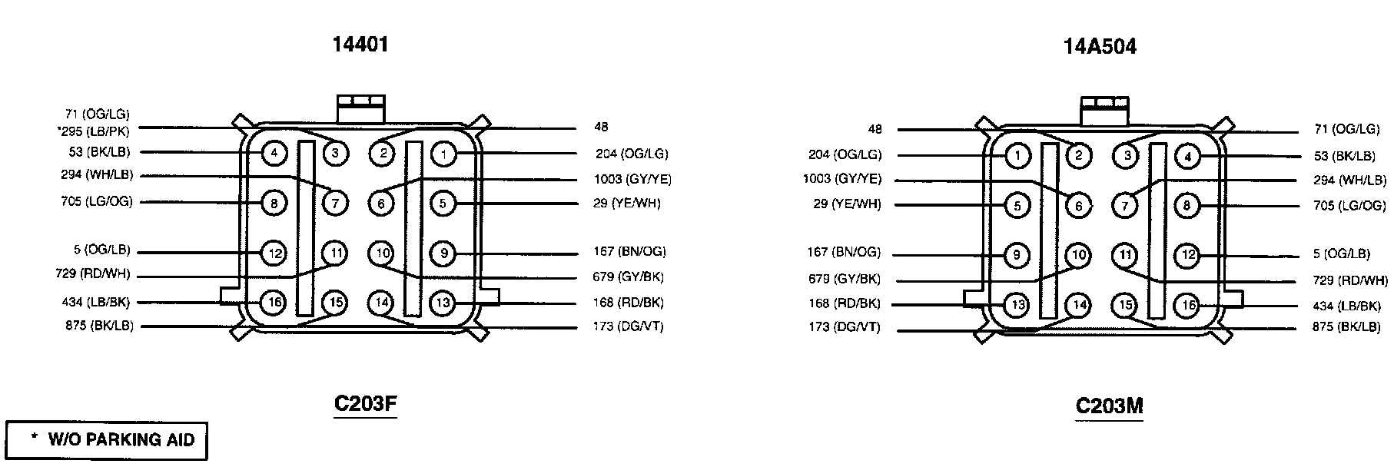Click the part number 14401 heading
pyautogui.click(x=360, y=45)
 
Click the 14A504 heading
pyautogui.click(x=1100, y=47)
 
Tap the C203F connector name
pyautogui.click(x=365, y=404)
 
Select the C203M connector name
pyautogui.click(x=1109, y=406)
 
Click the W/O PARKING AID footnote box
pyautogui.click(x=107, y=441)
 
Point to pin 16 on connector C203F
pyautogui.click(x=274, y=303)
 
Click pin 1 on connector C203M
pyautogui.click(x=1017, y=156)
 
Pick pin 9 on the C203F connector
pyautogui.click(x=443, y=253)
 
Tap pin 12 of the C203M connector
pyautogui.click(x=1188, y=255)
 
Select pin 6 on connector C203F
pyautogui.click(x=381, y=204)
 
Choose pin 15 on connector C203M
pyautogui.click(x=1126, y=305)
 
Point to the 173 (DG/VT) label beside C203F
pyautogui.click(x=628, y=326)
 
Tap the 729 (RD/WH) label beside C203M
pyautogui.click(x=1350, y=280)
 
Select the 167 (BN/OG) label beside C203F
pyautogui.click(x=629, y=251)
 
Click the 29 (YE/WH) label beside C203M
pyautogui.click(x=847, y=204)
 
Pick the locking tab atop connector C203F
pyautogui.click(x=360, y=108)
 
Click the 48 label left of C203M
pyautogui.click(x=875, y=129)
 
